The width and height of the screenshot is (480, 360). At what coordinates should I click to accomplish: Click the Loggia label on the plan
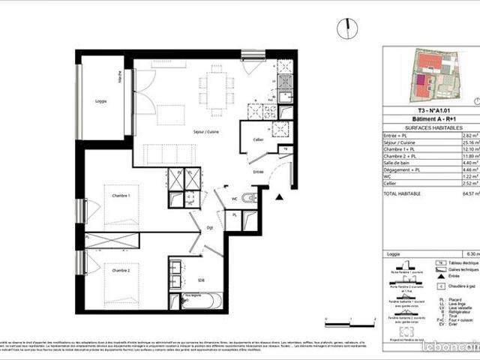point(100,100)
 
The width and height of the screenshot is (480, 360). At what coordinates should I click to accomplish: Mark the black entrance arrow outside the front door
point(279,197)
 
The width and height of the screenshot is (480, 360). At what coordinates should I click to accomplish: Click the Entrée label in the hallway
point(257,172)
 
